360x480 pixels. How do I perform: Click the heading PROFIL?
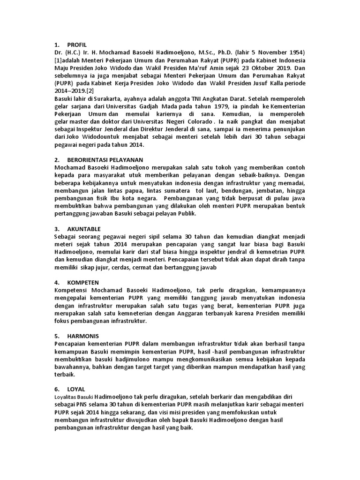pos(77,45)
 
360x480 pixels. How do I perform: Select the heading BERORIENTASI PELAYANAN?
pos(105,160)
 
